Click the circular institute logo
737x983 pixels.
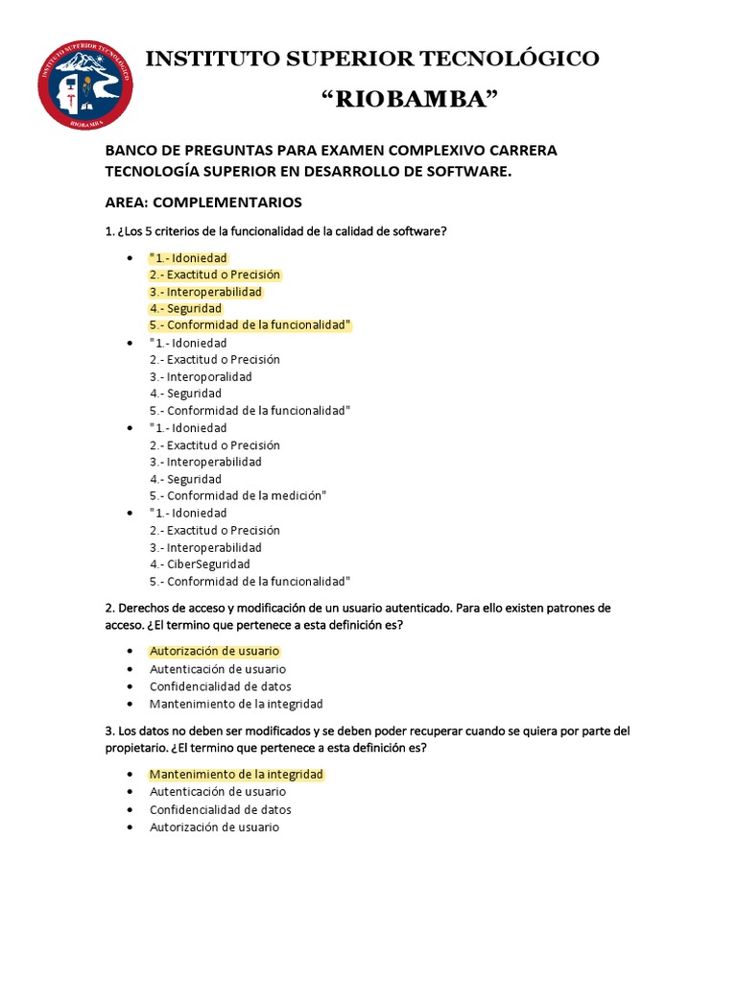85,86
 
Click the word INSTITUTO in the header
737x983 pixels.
208,59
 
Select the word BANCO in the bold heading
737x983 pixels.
131,151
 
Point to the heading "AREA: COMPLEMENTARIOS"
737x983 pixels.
203,202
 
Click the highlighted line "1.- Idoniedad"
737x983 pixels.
189,258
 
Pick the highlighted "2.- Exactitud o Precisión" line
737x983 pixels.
215,275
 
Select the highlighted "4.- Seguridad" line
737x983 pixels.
185,309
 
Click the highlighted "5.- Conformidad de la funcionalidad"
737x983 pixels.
250,325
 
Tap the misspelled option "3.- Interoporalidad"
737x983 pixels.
201,376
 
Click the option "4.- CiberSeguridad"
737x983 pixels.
200,564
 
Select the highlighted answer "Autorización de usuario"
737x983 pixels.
214,651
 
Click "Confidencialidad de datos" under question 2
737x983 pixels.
221,686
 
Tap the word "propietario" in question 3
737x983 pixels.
137,748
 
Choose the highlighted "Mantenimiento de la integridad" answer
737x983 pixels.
236,774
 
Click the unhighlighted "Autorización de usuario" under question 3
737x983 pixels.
214,827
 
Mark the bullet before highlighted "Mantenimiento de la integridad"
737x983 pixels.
129,775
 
